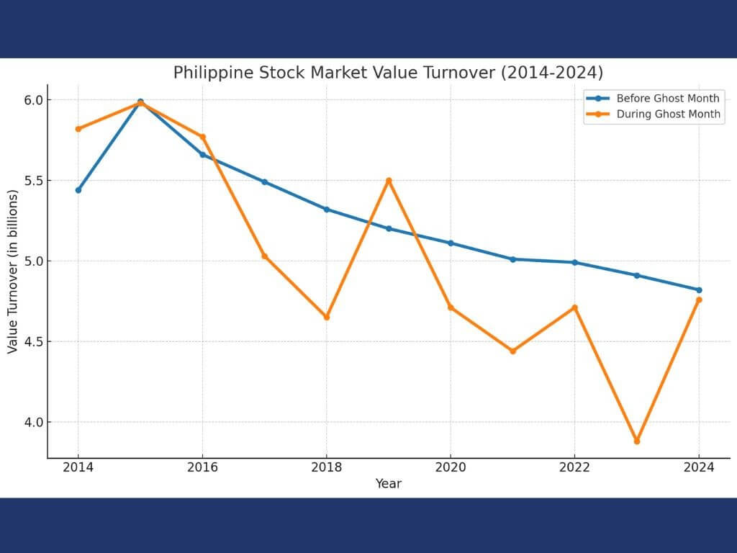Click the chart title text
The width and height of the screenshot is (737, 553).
click(x=388, y=73)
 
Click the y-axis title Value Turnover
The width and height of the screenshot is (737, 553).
click(x=13, y=271)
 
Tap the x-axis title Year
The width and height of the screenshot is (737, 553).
click(x=388, y=484)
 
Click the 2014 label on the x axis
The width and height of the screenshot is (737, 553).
click(x=78, y=467)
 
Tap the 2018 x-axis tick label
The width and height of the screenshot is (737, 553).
click(x=326, y=467)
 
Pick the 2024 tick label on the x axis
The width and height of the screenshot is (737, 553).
click(x=698, y=467)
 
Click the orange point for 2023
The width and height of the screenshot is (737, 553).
click(x=637, y=441)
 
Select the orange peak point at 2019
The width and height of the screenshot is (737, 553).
click(x=389, y=181)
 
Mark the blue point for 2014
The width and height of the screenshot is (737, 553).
click(x=78, y=190)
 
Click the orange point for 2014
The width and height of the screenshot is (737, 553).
click(x=78, y=129)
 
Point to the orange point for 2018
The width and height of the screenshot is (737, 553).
click(x=327, y=317)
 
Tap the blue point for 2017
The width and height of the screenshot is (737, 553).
click(x=264, y=182)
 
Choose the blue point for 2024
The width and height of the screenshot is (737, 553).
click(x=699, y=290)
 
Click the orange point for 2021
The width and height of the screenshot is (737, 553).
click(x=512, y=351)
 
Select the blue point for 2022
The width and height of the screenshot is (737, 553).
click(x=574, y=262)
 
